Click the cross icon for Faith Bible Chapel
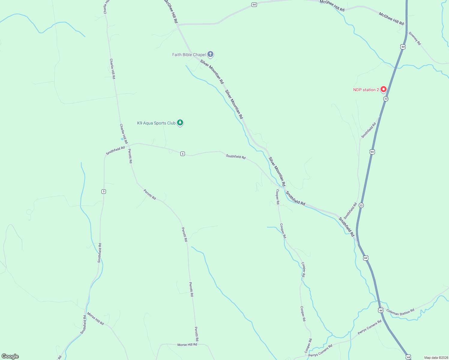[x=210, y=54]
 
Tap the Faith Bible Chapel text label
[x=189, y=55]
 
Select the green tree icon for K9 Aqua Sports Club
[x=180, y=122]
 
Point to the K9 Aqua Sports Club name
[x=156, y=123]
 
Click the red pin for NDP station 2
[x=383, y=89]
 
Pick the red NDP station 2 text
[x=366, y=90]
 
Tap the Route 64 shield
[x=254, y=4]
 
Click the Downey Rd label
[x=415, y=38]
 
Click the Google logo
[x=10, y=356]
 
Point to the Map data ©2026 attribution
[x=436, y=358]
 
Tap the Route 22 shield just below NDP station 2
[x=386, y=99]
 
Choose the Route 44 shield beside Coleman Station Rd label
[x=381, y=310]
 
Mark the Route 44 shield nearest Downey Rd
[x=403, y=47]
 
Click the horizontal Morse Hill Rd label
[x=187, y=345]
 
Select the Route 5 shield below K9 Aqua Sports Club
[x=182, y=154]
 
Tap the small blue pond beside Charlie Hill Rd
[x=122, y=139]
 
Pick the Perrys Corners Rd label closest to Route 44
[x=369, y=327]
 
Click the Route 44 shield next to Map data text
[x=408, y=357]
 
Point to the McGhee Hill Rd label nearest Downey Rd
[x=391, y=19]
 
